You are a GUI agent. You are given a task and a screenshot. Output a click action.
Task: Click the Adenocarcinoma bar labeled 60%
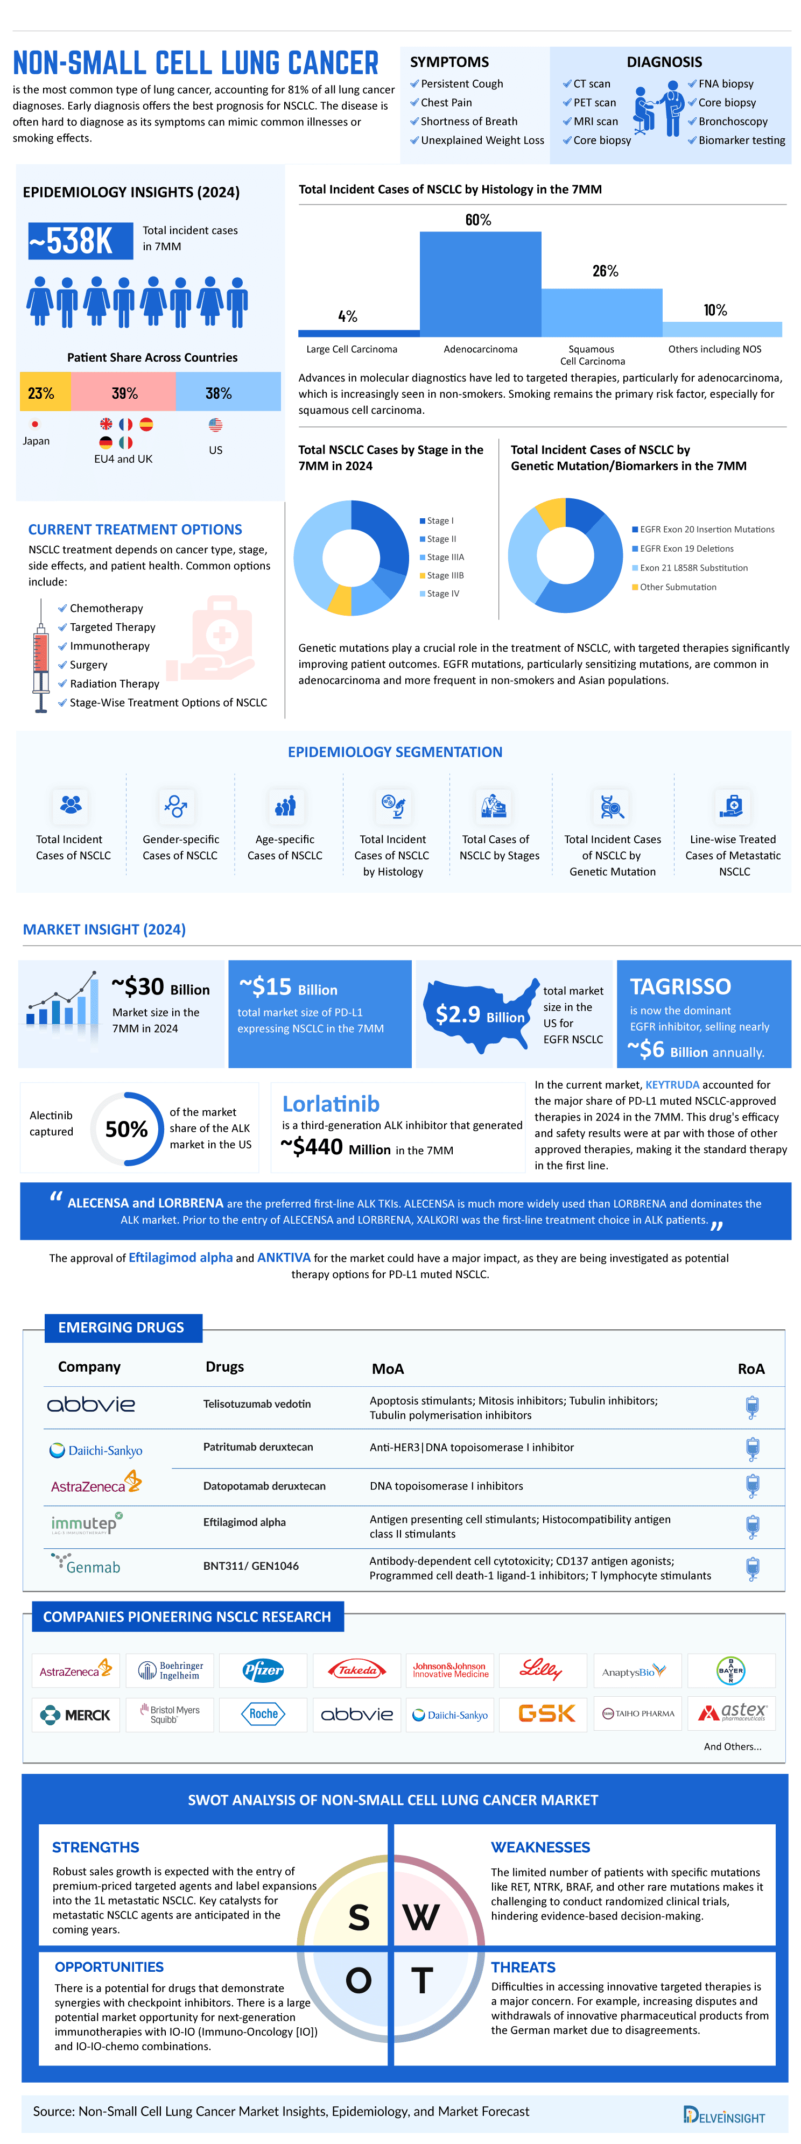(480, 283)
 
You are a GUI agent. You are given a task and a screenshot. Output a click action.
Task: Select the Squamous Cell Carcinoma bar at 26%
(601, 312)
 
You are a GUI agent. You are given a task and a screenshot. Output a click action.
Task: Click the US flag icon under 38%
(216, 425)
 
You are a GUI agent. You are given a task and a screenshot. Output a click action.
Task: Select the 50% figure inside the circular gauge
(127, 1130)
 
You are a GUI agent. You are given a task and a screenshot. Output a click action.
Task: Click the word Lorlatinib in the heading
(331, 1104)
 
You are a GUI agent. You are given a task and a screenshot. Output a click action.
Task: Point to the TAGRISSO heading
(680, 986)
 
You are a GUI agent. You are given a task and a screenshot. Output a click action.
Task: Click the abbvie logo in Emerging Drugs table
(91, 1405)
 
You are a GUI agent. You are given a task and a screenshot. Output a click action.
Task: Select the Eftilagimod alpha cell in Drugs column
(244, 1522)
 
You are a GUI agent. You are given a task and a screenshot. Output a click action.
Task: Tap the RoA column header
(750, 1369)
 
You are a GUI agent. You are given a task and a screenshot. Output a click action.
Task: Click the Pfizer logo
(263, 1669)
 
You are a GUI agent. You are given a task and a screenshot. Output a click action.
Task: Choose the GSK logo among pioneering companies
(546, 1713)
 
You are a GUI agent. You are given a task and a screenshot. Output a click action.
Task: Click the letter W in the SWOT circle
(421, 1917)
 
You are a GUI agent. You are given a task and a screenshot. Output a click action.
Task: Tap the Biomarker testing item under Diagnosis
(741, 140)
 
